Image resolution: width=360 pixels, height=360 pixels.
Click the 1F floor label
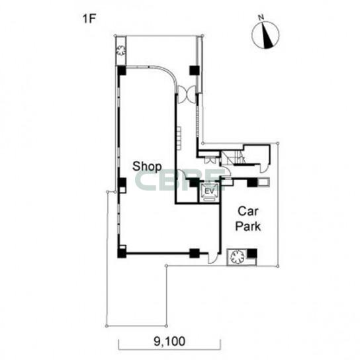pyautogui.click(x=89, y=19)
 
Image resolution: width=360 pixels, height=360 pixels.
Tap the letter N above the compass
pyautogui.click(x=261, y=17)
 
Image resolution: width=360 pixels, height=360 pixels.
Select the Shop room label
pyautogui.click(x=147, y=167)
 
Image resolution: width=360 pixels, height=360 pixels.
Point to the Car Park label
pyautogui.click(x=248, y=219)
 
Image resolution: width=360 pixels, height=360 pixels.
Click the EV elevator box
pyautogui.click(x=209, y=192)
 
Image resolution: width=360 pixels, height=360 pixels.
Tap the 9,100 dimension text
pyautogui.click(x=169, y=341)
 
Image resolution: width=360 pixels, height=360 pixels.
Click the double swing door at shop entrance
pyautogui.click(x=187, y=94)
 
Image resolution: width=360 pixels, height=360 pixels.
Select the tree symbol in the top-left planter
pyautogui.click(x=120, y=50)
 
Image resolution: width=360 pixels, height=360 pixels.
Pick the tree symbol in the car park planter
pyautogui.click(x=237, y=257)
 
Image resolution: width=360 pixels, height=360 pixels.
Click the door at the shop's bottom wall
pyautogui.click(x=212, y=258)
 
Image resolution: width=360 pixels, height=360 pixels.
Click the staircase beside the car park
pyautogui.click(x=232, y=158)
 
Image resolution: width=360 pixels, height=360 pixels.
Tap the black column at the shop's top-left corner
pyautogui.click(x=122, y=71)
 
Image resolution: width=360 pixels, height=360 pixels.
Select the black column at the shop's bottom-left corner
pyautogui.click(x=122, y=253)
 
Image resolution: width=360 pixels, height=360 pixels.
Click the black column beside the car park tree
pyautogui.click(x=252, y=253)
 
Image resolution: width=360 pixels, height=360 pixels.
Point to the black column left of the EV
pyautogui.click(x=195, y=183)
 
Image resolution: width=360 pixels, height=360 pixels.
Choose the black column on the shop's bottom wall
pyautogui.click(x=195, y=253)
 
